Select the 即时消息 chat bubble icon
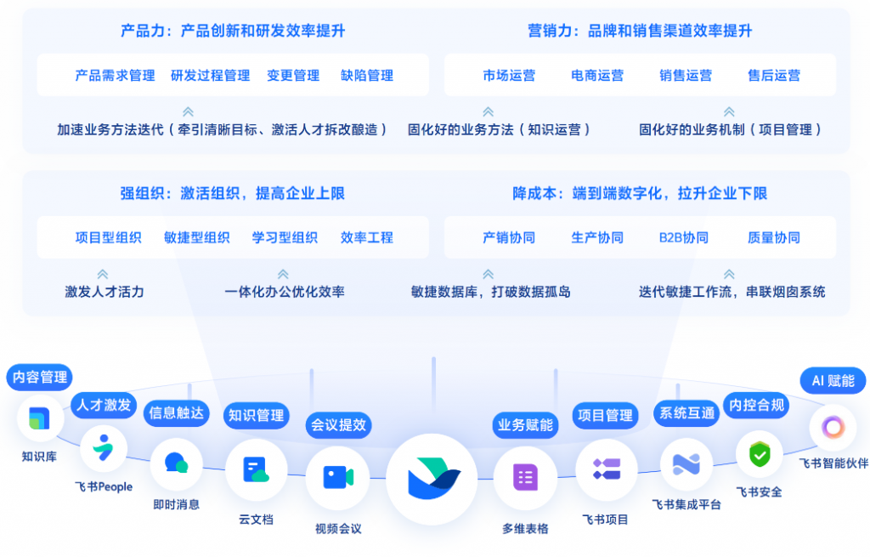coord(176,463)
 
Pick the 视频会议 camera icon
coord(337,478)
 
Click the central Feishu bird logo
coord(432,480)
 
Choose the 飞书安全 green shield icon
coord(759,454)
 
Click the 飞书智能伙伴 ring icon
coord(832,427)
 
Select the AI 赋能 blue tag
coord(833,381)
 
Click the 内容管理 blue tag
coord(39,377)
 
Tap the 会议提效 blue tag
coord(338,424)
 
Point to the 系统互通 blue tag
coord(687,413)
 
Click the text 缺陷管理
coord(367,76)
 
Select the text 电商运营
coord(597,76)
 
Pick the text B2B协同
coord(684,237)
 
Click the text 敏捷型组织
coord(197,237)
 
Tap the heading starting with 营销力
coord(640,31)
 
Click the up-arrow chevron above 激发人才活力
coord(103,274)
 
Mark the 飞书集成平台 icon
coord(686,463)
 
